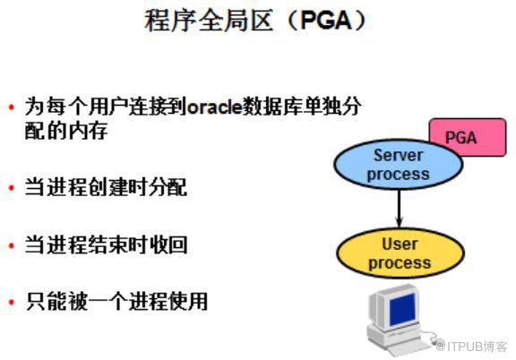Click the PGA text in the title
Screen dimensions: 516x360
[x=327, y=21]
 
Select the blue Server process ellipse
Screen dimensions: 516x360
[x=398, y=164]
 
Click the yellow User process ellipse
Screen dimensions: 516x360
[x=400, y=253]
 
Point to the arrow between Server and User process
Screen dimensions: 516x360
[x=400, y=209]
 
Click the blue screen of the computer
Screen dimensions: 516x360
[x=402, y=309]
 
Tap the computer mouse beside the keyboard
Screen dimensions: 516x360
[x=436, y=342]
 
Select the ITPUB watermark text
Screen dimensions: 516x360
[x=471, y=347]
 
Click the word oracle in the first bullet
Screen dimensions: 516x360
[x=215, y=107]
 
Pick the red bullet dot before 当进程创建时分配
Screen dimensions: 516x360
[x=12, y=188]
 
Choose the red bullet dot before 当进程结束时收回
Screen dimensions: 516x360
[x=12, y=245]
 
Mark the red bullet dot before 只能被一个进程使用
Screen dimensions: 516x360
[x=12, y=302]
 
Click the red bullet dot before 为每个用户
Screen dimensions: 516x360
[x=12, y=107]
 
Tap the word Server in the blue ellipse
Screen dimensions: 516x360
[x=398, y=155]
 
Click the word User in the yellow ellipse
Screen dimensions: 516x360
[x=400, y=244]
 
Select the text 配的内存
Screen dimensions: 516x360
[x=66, y=131]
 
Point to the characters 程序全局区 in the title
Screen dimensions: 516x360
[x=209, y=21]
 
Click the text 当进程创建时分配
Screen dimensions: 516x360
[x=106, y=187]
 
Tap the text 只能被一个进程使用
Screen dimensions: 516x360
[x=116, y=302]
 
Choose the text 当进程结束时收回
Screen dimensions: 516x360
[x=106, y=245]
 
